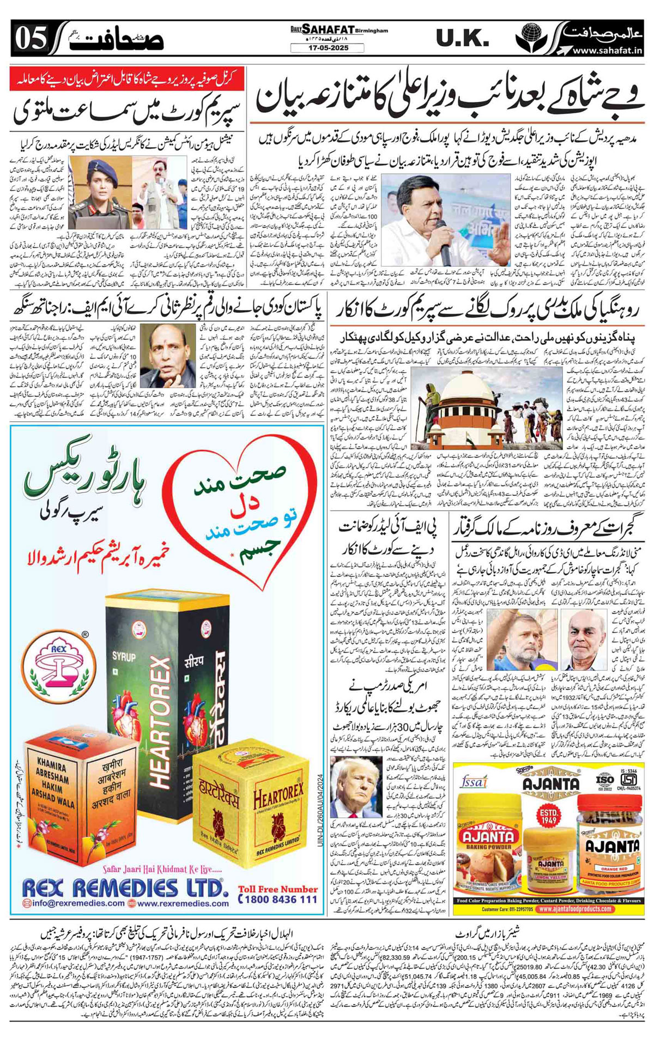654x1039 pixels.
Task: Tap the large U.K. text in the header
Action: point(463,38)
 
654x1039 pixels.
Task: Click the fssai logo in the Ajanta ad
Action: point(473,782)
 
